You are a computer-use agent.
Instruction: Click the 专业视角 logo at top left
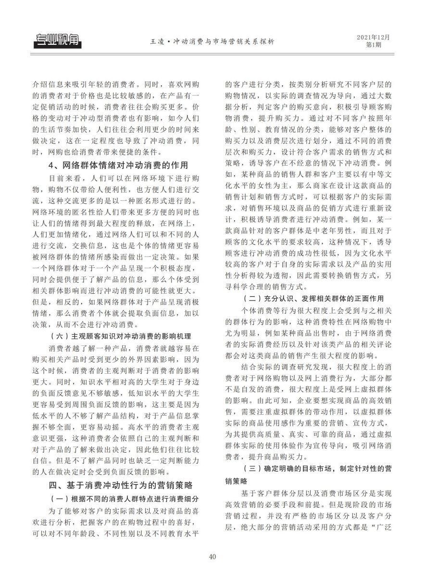(x=57, y=41)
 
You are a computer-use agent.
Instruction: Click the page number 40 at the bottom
(x=212, y=557)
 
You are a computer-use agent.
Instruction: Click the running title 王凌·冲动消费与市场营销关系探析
(x=212, y=42)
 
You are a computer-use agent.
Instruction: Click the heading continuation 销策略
(x=236, y=481)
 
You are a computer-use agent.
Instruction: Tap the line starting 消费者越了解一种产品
(x=123, y=347)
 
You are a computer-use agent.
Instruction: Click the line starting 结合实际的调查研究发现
(x=315, y=367)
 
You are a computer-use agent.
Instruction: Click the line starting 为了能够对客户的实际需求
(x=123, y=510)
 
